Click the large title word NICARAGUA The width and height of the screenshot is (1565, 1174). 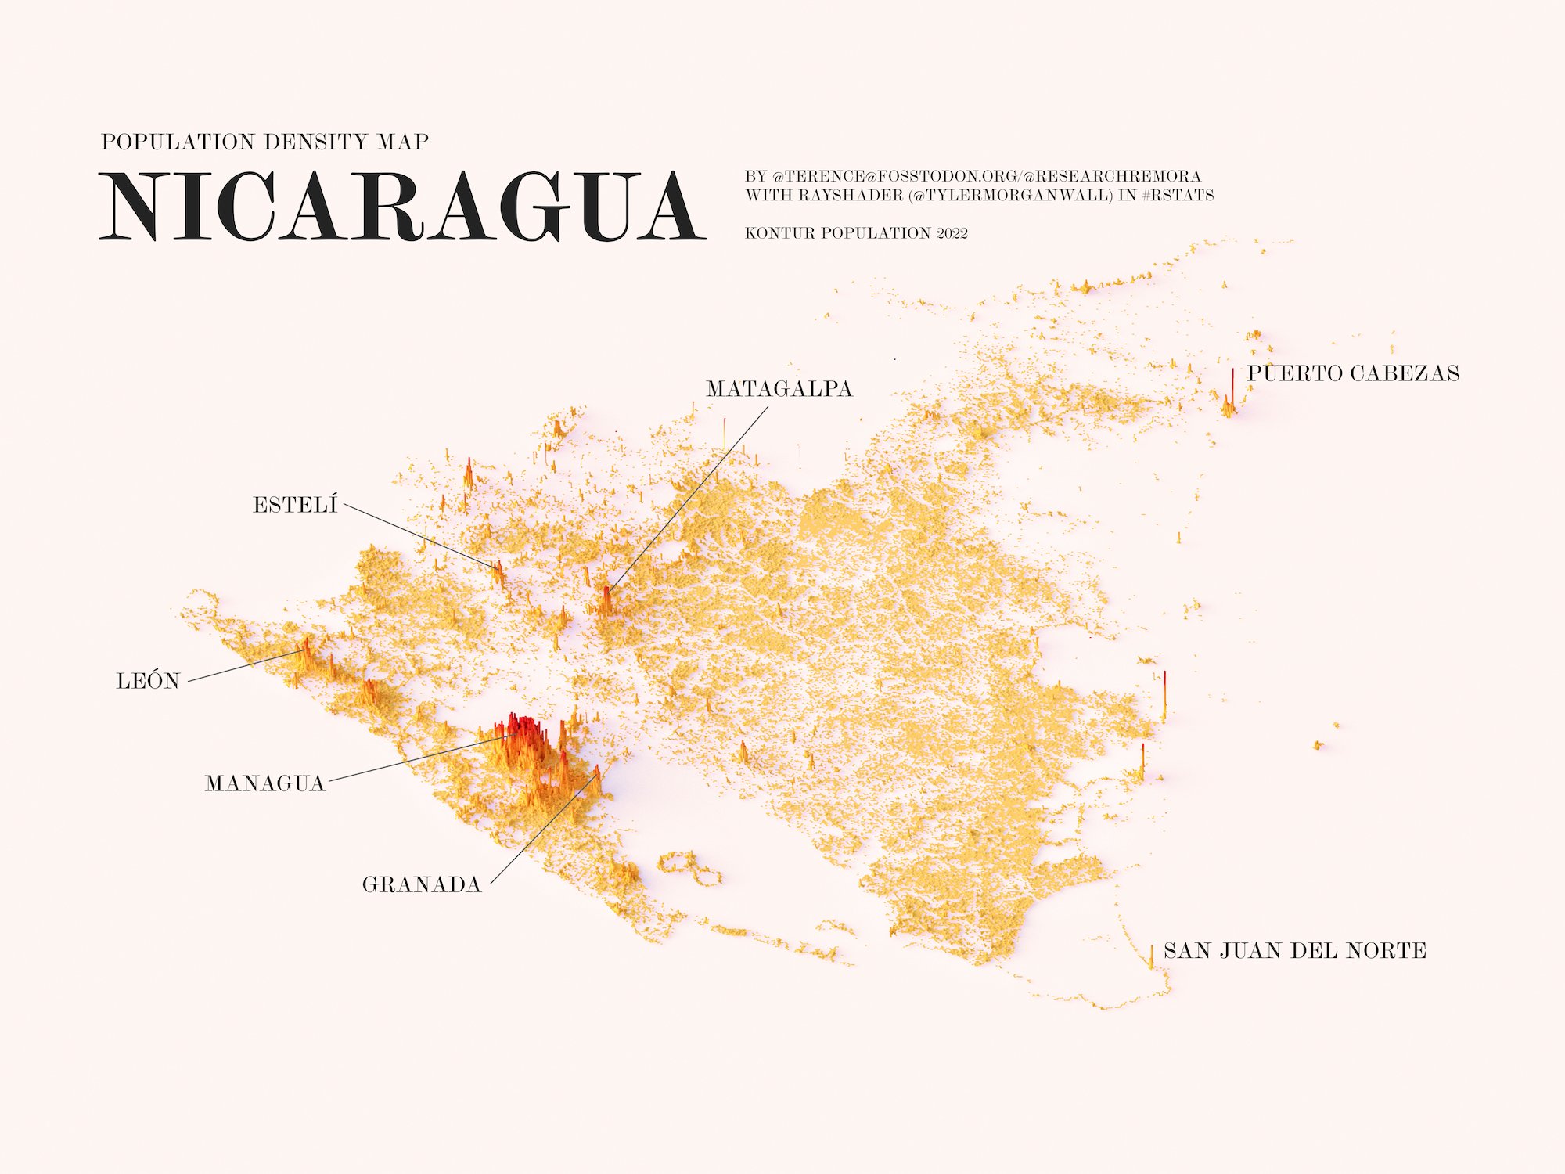coord(402,207)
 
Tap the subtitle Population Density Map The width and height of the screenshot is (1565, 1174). coord(264,142)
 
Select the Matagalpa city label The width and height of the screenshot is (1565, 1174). coord(779,389)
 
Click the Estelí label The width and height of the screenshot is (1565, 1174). coord(295,506)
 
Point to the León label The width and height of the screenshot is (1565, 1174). coord(148,682)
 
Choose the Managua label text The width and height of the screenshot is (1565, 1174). coord(264,783)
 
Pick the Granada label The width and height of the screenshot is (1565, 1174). coord(421,885)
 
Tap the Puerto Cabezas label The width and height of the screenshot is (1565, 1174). coord(1353,373)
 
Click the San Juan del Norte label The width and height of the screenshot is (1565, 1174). coord(1295,951)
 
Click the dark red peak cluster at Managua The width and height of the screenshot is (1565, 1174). coord(520,727)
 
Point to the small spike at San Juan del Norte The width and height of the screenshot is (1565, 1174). coord(1151,956)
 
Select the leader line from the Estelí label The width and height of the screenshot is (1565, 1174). coord(419,536)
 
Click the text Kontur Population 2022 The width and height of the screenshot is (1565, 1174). coord(856,233)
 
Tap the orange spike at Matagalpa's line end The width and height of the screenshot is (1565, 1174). coord(606,599)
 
